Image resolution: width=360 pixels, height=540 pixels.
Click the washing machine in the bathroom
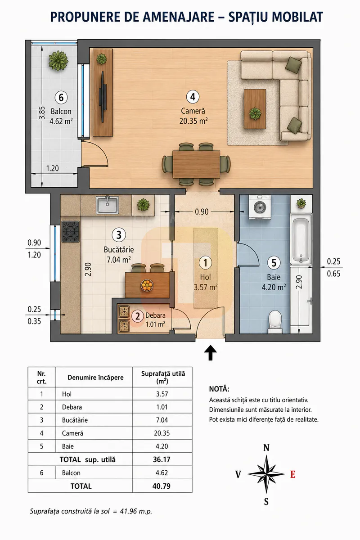[260, 207]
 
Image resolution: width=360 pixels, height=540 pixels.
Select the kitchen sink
[107, 205]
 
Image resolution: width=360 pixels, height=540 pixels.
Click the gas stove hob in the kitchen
[71, 231]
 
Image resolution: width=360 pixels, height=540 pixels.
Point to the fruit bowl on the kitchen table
[147, 285]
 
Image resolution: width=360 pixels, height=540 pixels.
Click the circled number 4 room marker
[193, 97]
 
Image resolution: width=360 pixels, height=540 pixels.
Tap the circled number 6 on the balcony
[61, 98]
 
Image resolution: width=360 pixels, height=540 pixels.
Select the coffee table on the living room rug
[255, 109]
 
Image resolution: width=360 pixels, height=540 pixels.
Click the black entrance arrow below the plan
[211, 352]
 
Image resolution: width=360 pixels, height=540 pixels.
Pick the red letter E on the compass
[293, 474]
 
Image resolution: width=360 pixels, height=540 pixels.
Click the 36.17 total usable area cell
[162, 459]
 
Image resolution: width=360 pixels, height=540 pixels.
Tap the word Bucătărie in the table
[75, 420]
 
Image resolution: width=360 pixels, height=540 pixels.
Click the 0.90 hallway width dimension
[202, 211]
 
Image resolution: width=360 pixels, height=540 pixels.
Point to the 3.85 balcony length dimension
[42, 113]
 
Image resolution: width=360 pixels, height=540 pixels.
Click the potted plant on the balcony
[58, 60]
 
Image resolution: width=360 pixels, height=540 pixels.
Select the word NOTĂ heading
[219, 389]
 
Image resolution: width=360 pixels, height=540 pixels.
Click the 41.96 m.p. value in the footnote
[136, 511]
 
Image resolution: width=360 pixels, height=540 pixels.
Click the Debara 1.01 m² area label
[156, 319]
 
